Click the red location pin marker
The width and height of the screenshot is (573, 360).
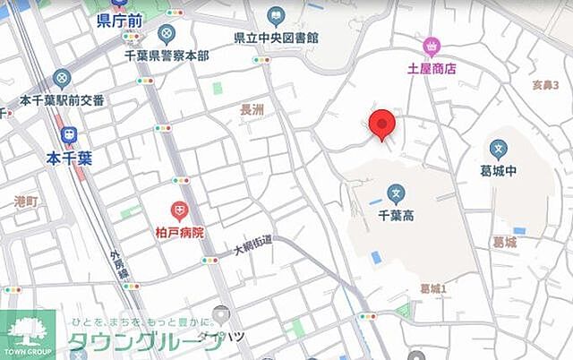(x=383, y=124)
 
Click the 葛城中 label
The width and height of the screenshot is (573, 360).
(x=499, y=172)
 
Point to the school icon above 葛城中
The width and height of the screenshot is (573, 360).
(x=499, y=150)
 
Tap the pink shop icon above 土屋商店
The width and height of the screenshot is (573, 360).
(x=432, y=46)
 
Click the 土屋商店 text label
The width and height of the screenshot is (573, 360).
(x=432, y=67)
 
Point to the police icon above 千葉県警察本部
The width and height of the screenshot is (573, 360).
(x=167, y=34)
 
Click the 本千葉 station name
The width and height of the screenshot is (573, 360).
(x=70, y=158)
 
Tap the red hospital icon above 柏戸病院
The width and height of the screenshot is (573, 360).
(x=180, y=211)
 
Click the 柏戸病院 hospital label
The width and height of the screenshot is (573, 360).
(x=180, y=233)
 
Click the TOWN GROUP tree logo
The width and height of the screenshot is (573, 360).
(x=27, y=334)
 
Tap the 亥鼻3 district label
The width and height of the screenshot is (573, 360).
(x=544, y=85)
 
